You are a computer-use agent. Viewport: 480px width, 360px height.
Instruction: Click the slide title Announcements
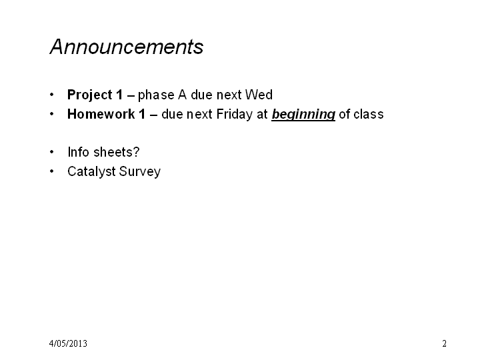(x=127, y=47)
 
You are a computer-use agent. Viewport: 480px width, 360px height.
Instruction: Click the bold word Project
(x=90, y=95)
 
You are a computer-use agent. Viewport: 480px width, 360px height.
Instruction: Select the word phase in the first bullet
(x=156, y=95)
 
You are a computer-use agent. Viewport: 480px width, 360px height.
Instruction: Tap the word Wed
(x=259, y=95)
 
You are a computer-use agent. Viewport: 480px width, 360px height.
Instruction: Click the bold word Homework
(x=101, y=114)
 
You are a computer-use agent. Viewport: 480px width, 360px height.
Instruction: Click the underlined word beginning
(x=303, y=115)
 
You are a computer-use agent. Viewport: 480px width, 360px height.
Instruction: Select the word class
(x=369, y=114)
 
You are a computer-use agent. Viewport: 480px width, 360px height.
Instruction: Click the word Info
(x=79, y=152)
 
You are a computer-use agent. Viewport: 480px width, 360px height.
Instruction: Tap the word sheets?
(x=117, y=152)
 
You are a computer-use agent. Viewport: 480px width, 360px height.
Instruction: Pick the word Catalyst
(x=91, y=172)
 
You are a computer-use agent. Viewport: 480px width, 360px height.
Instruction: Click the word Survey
(x=140, y=172)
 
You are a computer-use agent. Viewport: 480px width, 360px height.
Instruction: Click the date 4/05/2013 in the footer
(x=68, y=343)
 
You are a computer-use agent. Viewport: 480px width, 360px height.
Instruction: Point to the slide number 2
(x=444, y=343)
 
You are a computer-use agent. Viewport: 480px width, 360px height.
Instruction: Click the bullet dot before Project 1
(x=52, y=95)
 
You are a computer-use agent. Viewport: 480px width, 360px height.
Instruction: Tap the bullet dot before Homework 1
(x=52, y=114)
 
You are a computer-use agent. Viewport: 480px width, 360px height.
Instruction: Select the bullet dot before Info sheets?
(x=52, y=152)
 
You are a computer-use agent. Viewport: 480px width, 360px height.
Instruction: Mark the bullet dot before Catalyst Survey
(x=52, y=171)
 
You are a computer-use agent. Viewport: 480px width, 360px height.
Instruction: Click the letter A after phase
(x=183, y=95)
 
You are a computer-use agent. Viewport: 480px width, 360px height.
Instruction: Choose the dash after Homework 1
(x=154, y=115)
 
